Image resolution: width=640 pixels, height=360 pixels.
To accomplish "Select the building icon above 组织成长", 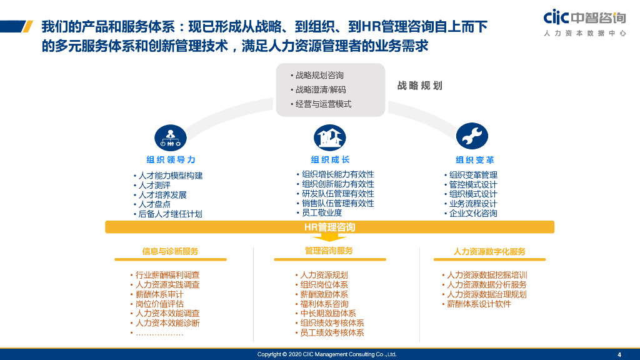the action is point(330,136).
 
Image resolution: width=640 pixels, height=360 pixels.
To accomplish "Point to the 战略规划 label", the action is point(419,86).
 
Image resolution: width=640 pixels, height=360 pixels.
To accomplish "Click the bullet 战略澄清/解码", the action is point(320,89).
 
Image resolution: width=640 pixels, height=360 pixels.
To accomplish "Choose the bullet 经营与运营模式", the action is point(323,104).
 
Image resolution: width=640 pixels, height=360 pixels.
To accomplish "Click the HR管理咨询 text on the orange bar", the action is point(329,226).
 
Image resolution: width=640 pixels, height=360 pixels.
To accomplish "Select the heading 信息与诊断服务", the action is point(170,251).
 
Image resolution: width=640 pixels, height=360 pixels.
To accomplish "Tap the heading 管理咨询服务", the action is point(329,251).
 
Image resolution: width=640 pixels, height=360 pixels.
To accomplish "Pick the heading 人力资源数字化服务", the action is point(489,252).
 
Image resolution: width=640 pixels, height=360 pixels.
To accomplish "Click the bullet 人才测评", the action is point(154,185).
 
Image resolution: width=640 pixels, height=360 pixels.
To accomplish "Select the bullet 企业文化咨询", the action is point(473,213).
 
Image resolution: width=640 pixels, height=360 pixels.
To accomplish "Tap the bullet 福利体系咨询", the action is point(324,304).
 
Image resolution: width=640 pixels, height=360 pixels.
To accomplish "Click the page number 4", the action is point(619,354).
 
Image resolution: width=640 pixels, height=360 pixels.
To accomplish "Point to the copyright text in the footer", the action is point(327,354).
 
